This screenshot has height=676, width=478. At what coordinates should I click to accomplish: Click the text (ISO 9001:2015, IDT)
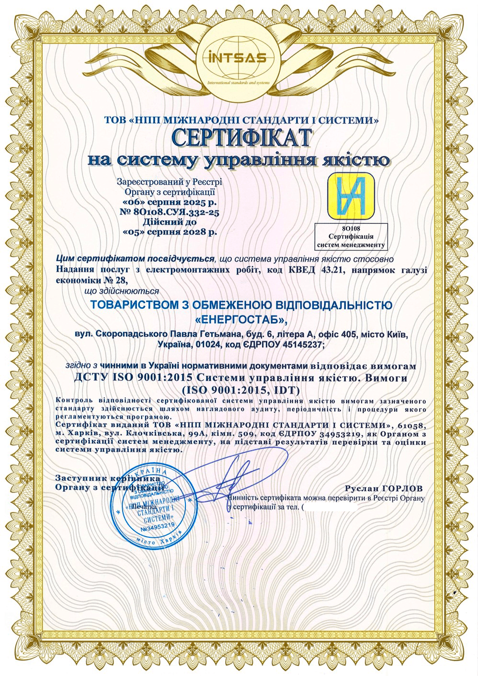coord(241,388)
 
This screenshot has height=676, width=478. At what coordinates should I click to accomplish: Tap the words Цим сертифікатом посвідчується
coord(135,259)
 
